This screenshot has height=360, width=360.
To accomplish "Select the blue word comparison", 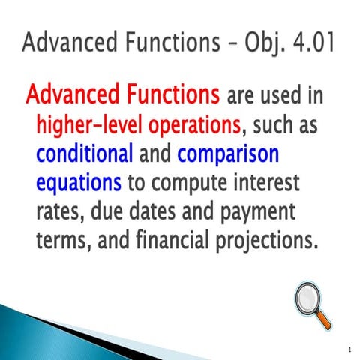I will [x=228, y=154].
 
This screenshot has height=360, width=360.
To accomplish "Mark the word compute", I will [x=199, y=184].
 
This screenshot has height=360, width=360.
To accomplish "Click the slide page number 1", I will [x=349, y=349].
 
